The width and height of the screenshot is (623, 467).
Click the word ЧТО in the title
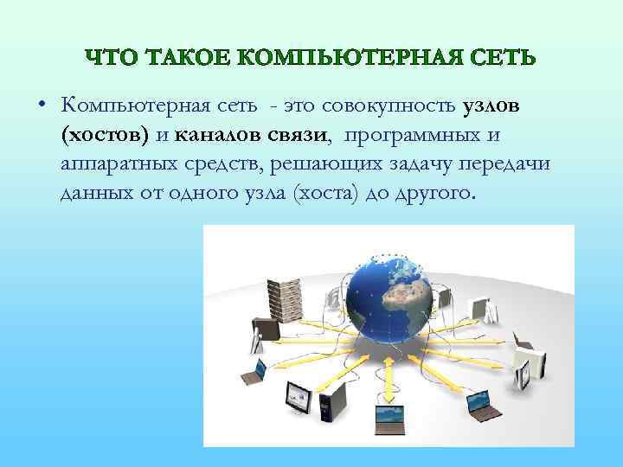click(111, 58)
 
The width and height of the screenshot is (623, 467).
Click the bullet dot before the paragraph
click(41, 107)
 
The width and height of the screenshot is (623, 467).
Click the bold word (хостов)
click(105, 135)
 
